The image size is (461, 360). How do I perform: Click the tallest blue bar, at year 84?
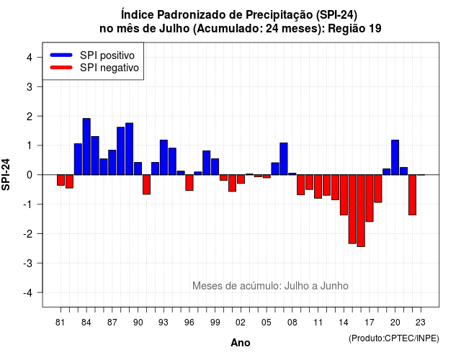click(x=86, y=147)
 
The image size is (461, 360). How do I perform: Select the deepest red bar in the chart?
click(x=361, y=211)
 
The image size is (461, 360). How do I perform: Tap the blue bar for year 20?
click(x=395, y=158)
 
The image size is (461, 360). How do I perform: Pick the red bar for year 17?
click(x=370, y=198)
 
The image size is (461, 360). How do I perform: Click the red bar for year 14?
click(x=344, y=195)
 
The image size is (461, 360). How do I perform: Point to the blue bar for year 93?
click(x=164, y=158)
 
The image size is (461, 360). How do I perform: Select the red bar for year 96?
click(x=189, y=182)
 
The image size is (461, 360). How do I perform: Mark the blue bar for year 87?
click(x=112, y=163)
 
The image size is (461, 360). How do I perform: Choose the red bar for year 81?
click(x=61, y=180)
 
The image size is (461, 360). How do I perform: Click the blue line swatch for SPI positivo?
click(x=61, y=55)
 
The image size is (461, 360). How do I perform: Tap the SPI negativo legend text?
click(x=109, y=68)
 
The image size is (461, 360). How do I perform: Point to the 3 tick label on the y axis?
click(x=30, y=86)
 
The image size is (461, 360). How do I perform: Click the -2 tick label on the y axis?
click(x=28, y=233)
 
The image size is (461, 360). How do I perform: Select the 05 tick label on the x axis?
click(x=267, y=323)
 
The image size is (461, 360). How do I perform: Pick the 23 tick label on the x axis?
click(x=421, y=323)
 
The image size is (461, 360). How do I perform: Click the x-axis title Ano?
click(x=241, y=343)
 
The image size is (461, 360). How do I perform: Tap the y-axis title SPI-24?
click(x=6, y=174)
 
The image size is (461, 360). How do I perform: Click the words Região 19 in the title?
click(x=354, y=29)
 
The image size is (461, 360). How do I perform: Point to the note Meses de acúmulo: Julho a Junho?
click(x=270, y=286)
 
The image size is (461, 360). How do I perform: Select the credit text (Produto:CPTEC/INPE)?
click(x=394, y=338)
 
